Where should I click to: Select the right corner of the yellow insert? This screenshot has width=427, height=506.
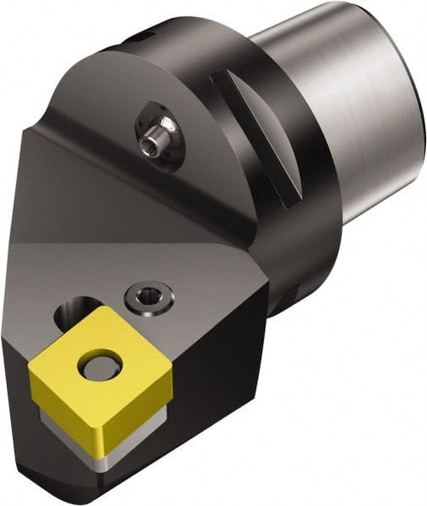(161, 380)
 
